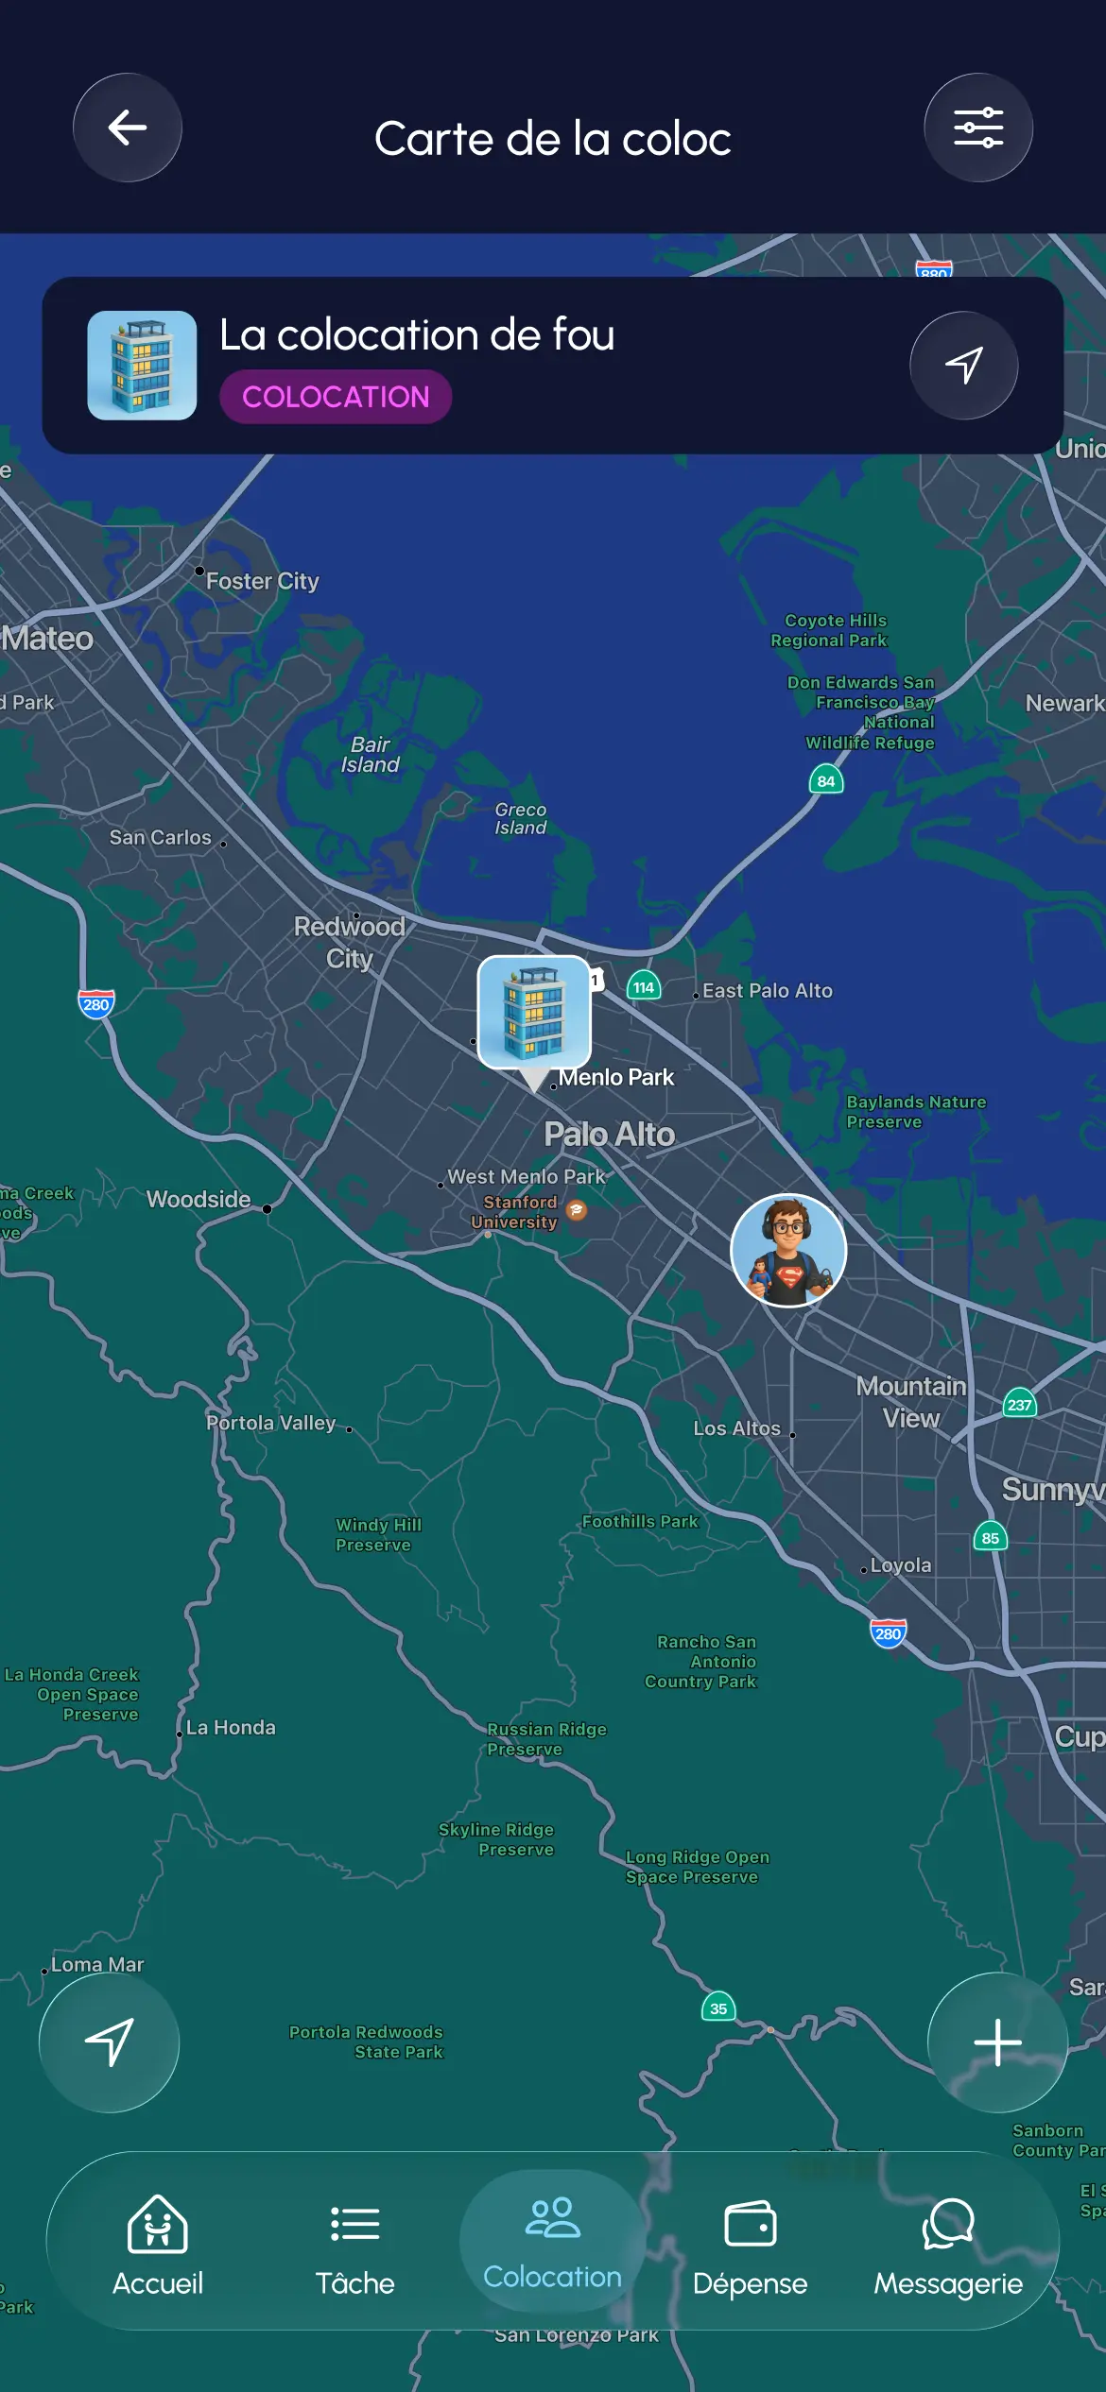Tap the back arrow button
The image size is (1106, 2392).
[x=128, y=128]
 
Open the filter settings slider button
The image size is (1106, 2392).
[x=977, y=128]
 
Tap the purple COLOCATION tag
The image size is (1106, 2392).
[x=336, y=397]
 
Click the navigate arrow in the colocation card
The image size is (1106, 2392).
[x=963, y=366]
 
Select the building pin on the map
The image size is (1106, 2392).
[x=534, y=1013]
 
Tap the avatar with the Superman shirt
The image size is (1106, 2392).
[x=788, y=1250]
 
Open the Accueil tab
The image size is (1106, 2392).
[x=158, y=2244]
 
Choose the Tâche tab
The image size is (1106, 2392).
[x=355, y=2244]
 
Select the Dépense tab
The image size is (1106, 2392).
[x=750, y=2244]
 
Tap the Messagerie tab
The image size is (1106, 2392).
[x=947, y=2244]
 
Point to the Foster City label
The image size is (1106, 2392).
[x=262, y=581]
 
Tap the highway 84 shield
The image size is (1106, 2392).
[x=826, y=781]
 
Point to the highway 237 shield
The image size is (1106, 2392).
[x=1019, y=1405]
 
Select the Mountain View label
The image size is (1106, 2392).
[x=910, y=1402]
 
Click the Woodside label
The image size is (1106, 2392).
[x=199, y=1200]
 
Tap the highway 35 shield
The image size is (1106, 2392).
[x=718, y=2008]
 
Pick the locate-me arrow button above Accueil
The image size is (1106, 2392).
[x=109, y=2042]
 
